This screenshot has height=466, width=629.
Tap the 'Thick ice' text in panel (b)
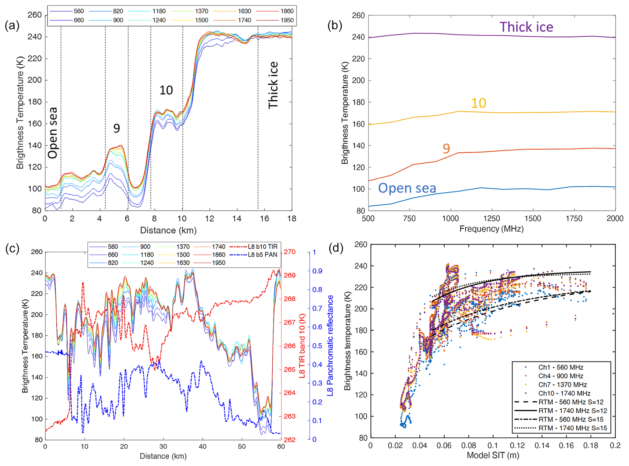click(526, 27)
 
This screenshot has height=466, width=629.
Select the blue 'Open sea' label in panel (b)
click(407, 188)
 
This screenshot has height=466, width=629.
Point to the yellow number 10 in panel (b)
click(478, 103)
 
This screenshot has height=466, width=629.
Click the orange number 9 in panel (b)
click(446, 149)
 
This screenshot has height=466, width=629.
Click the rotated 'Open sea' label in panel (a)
click(53, 133)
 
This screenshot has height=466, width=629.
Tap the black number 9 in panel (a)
click(117, 128)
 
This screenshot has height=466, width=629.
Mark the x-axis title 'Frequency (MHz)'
click(491, 229)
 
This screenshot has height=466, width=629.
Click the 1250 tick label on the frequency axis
click(491, 218)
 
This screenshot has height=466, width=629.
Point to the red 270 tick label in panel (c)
click(289, 252)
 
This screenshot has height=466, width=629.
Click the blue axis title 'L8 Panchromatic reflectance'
click(330, 345)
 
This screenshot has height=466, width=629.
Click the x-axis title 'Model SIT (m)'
click(493, 455)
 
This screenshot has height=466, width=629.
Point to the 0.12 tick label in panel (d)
click(517, 445)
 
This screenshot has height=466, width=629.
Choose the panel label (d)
click(336, 248)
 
